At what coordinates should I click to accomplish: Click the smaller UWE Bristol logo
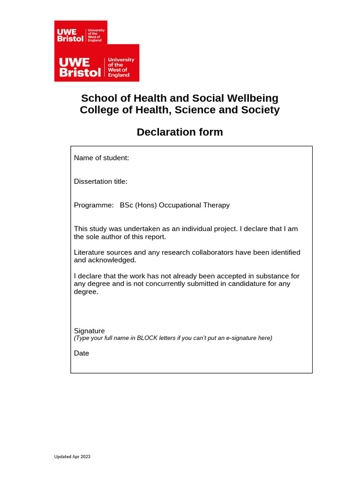[81, 32]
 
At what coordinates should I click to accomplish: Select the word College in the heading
[98, 110]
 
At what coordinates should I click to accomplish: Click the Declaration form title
[180, 132]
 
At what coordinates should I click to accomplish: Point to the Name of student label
[101, 158]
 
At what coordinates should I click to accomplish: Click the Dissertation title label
[100, 181]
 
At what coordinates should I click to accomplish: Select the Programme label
[94, 205]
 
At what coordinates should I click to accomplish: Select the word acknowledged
[112, 260]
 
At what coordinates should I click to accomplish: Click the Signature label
[90, 331]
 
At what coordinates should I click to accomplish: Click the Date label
[82, 353]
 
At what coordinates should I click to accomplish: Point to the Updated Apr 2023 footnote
[72, 457]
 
